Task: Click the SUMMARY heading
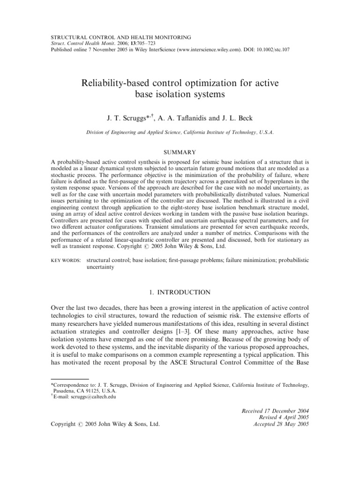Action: click(x=180, y=152)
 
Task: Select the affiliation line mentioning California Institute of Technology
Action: click(x=180, y=133)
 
